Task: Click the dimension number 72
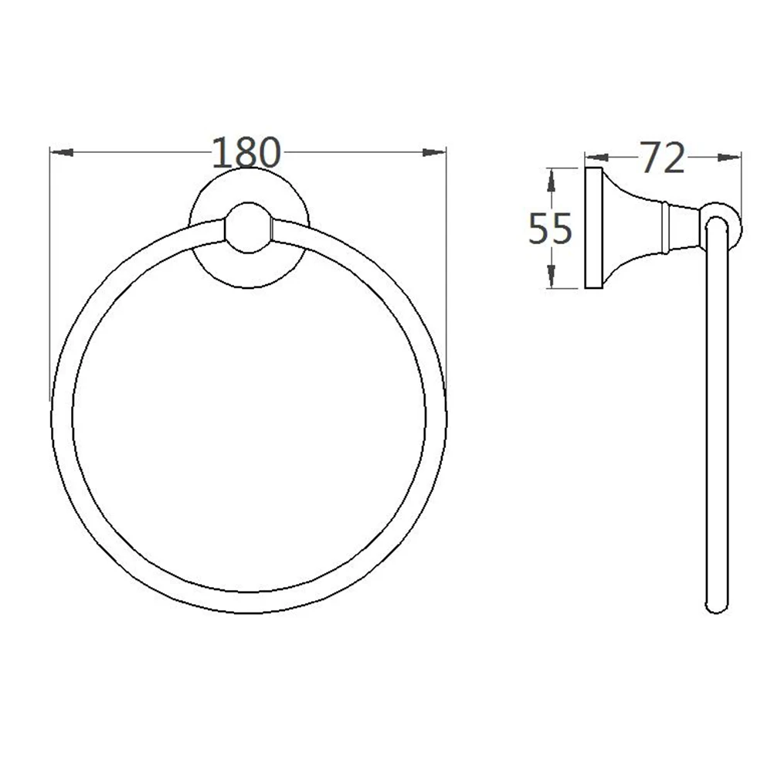tap(663, 158)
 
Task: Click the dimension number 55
tap(549, 229)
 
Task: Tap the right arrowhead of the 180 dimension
tap(434, 152)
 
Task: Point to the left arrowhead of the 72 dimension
tap(596, 158)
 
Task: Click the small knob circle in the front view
tap(249, 229)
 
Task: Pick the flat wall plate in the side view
tap(594, 227)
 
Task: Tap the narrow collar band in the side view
tap(665, 227)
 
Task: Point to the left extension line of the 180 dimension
tap(50, 270)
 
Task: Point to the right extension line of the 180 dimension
tap(446, 270)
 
